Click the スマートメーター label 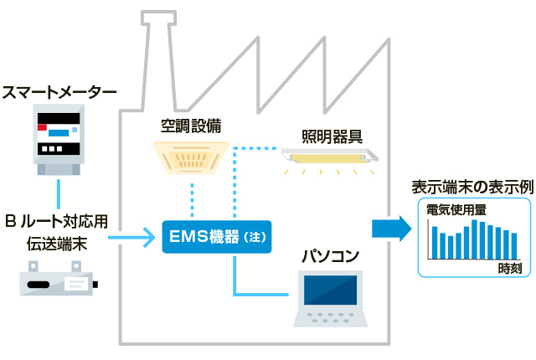coord(59,90)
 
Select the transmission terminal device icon coord(58,279)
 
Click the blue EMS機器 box coord(217,237)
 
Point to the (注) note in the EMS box coord(255,238)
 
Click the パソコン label coord(331,255)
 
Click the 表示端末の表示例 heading coord(472,187)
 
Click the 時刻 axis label coord(509,269)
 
